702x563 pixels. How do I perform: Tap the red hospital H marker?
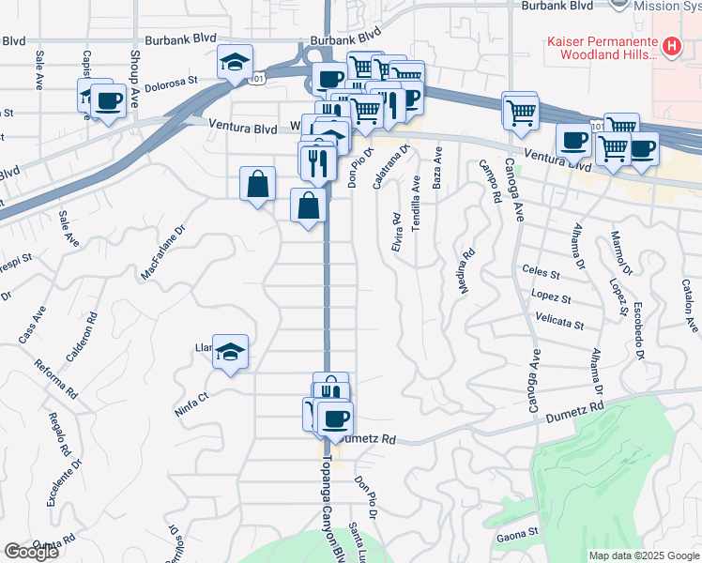672,45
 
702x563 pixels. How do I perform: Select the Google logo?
30,552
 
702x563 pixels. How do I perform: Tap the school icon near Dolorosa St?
235,63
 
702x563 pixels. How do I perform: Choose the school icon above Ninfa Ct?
230,353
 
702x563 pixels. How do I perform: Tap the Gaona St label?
517,532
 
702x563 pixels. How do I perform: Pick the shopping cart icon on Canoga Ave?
519,111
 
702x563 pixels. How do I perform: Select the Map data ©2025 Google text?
643,555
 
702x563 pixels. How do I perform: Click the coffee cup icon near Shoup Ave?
108,101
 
